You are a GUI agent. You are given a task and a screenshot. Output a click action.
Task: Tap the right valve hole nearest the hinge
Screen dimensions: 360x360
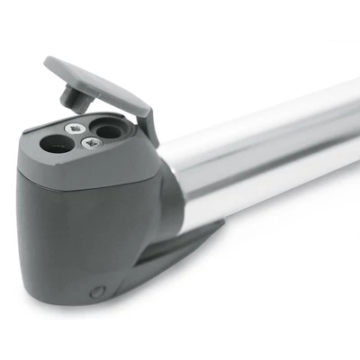pos(108,131)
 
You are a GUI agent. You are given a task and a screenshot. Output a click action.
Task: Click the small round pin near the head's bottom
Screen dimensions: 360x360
pos(100,291)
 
